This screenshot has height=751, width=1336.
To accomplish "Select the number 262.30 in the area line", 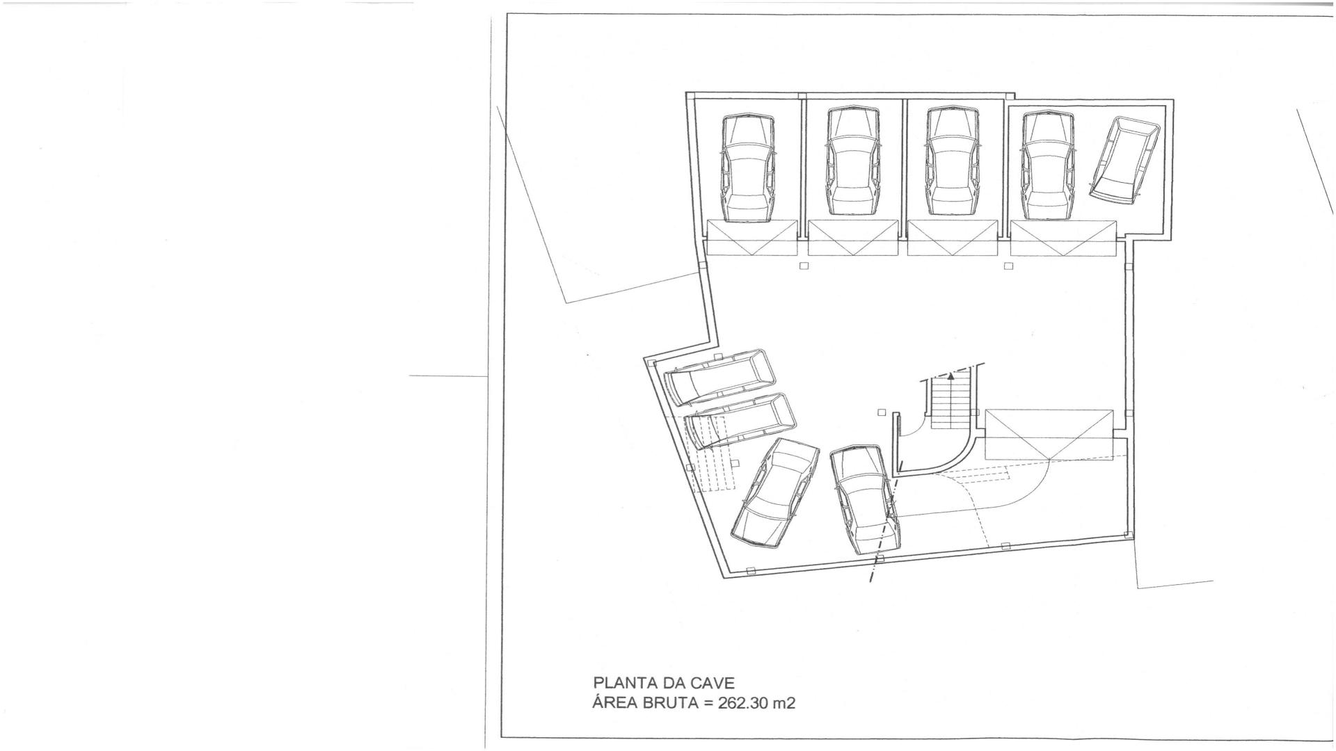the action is pyautogui.click(x=742, y=703).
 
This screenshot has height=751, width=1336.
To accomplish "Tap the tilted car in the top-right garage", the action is pyautogui.click(x=1123, y=160).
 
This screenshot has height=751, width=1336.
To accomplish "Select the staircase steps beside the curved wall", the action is pyautogui.click(x=950, y=403).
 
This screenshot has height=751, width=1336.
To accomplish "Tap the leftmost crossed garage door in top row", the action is pyautogui.click(x=751, y=238).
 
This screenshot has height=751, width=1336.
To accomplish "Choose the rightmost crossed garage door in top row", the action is pyautogui.click(x=1063, y=239).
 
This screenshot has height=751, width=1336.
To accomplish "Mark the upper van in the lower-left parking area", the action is pyautogui.click(x=719, y=377).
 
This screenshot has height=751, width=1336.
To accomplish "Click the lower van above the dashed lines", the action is pyautogui.click(x=740, y=420).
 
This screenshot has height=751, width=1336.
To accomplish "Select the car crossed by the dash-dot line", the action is pyautogui.click(x=866, y=499).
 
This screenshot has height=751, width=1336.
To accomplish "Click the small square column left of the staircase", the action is pyautogui.click(x=882, y=412).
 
